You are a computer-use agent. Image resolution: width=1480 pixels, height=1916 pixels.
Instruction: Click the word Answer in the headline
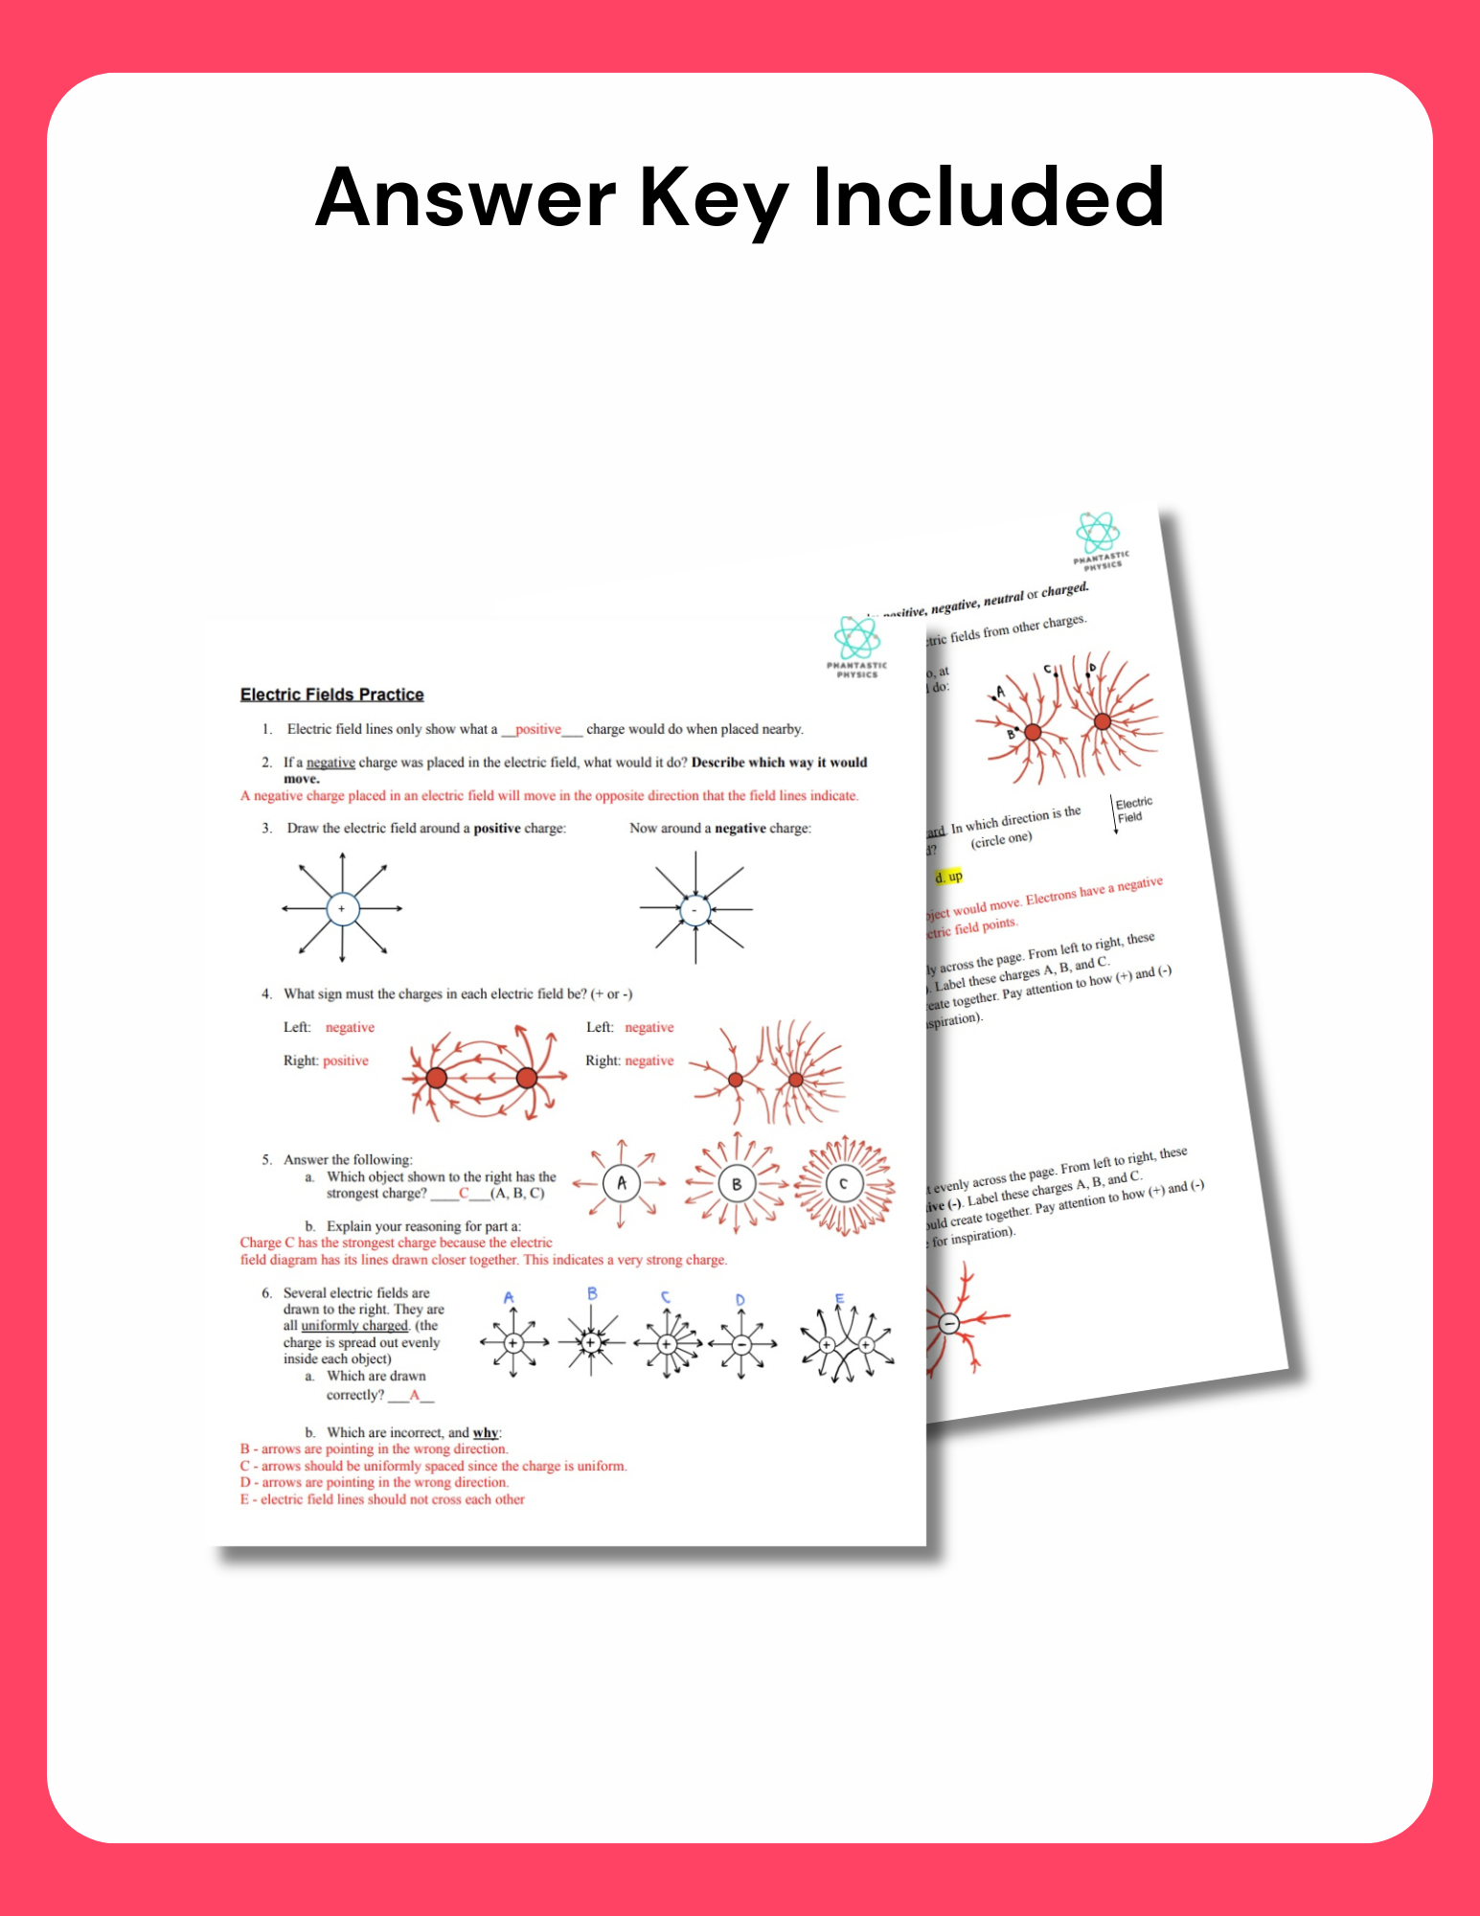click(466, 197)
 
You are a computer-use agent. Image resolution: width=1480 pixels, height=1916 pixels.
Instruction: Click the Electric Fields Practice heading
click(331, 695)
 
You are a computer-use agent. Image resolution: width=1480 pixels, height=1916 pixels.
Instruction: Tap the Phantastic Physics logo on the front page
click(856, 647)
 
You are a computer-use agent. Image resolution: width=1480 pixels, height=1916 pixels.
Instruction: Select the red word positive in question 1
click(538, 729)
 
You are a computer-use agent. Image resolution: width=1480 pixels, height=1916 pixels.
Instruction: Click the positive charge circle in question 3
click(342, 908)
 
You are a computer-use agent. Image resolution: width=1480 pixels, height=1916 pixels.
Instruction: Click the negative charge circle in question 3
click(695, 909)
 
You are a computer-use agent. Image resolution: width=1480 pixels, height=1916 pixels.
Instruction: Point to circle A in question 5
click(621, 1183)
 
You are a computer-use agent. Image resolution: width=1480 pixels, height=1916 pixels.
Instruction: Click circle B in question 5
click(736, 1184)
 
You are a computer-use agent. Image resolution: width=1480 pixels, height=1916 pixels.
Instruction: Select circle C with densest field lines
click(843, 1184)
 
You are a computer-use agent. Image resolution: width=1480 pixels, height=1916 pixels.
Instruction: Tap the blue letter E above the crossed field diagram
click(839, 1299)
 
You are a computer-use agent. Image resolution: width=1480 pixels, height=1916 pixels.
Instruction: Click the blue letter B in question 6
click(592, 1293)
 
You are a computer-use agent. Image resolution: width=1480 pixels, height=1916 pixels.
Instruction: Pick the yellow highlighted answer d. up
click(948, 877)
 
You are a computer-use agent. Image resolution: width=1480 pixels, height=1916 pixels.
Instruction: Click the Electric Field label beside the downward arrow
click(1133, 810)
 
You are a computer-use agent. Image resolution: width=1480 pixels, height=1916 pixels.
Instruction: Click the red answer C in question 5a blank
click(464, 1193)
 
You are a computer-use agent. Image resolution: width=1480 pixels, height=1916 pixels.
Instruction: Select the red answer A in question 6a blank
click(415, 1395)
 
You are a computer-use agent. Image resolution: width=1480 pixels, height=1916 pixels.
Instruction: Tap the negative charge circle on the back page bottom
click(948, 1323)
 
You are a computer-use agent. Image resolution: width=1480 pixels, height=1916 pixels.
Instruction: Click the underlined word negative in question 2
click(330, 763)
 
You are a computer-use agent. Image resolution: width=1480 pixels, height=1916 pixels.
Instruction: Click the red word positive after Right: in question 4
click(346, 1061)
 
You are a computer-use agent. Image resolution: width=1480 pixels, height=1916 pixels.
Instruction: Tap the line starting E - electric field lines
click(383, 1499)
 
